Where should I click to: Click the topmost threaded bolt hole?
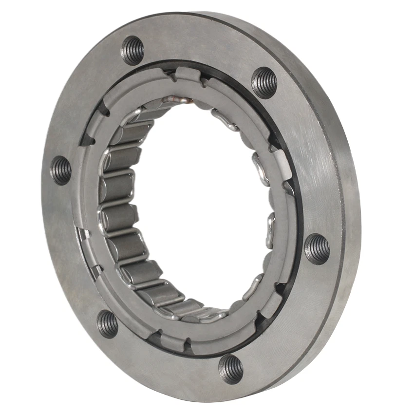132,50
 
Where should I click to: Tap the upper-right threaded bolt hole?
264,82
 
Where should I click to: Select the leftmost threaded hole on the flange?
61,170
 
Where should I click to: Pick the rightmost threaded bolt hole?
317,249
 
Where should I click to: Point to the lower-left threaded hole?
107,323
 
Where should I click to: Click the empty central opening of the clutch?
200,205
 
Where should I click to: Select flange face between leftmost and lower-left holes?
73,248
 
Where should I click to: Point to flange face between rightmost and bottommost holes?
287,321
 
